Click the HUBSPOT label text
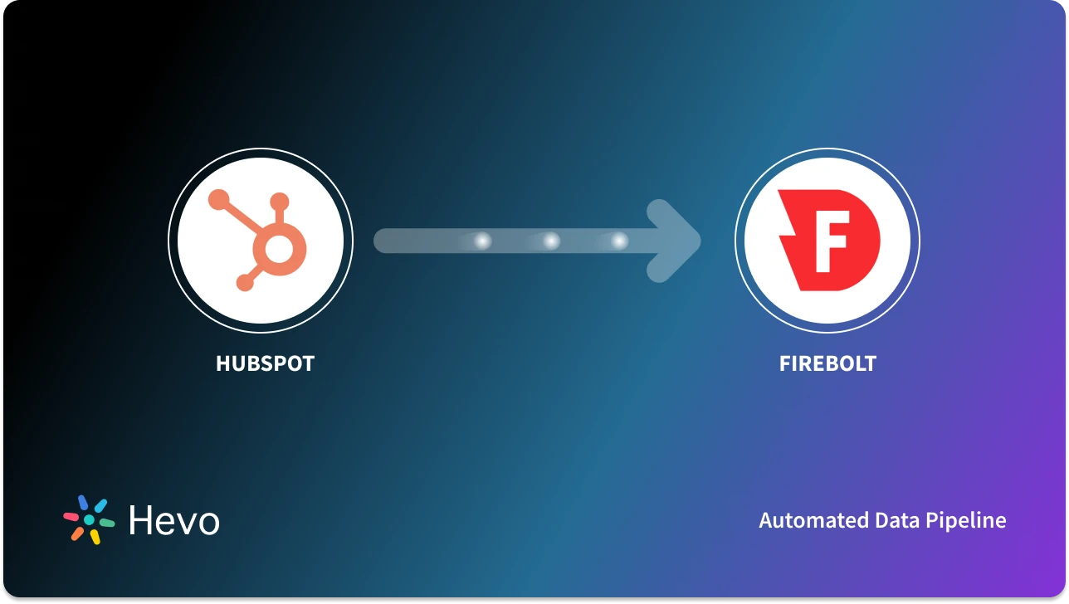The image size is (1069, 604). (x=265, y=363)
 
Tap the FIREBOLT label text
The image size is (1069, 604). (x=827, y=363)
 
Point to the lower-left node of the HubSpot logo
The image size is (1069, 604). (x=244, y=284)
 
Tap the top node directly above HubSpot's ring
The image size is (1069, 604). (x=280, y=201)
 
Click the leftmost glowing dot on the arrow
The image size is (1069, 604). (x=481, y=241)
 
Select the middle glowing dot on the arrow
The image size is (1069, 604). (x=550, y=241)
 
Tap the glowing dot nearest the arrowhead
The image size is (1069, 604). (x=619, y=241)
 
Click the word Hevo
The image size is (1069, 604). (x=174, y=520)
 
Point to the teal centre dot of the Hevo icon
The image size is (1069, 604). (x=89, y=519)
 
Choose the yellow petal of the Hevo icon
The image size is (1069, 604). (x=95, y=537)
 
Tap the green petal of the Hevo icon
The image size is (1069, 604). (x=106, y=524)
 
